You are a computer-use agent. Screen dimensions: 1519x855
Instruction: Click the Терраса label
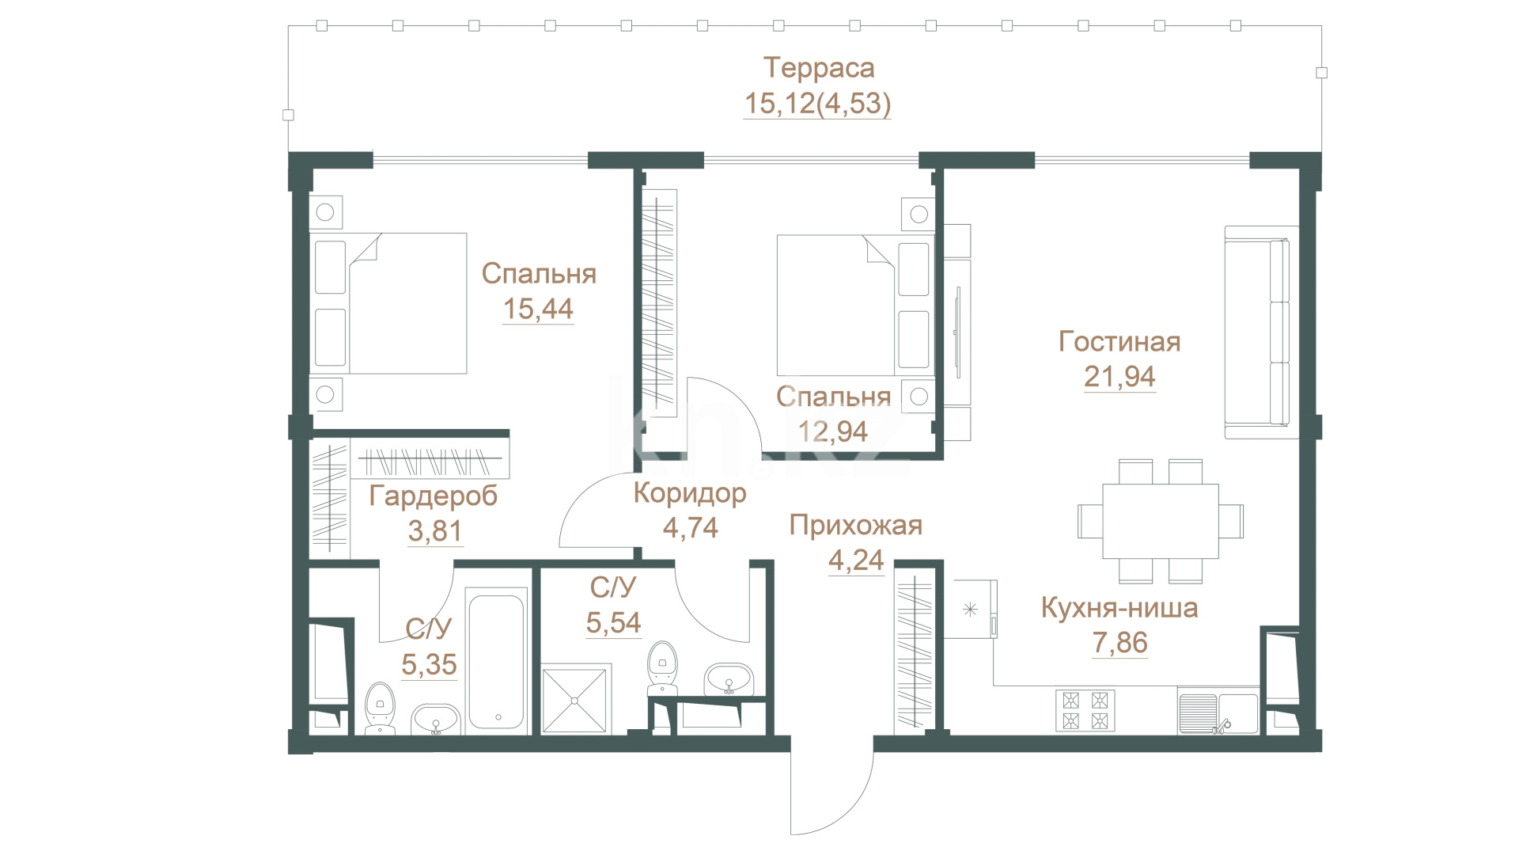819,68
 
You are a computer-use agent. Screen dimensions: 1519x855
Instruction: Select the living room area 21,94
1119,377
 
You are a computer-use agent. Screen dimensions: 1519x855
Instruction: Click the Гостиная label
1119,342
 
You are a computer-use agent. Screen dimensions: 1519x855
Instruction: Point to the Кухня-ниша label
1119,608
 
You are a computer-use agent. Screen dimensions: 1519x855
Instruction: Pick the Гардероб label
434,496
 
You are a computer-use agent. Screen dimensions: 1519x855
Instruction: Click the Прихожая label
856,526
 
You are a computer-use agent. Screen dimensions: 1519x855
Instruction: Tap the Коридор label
690,493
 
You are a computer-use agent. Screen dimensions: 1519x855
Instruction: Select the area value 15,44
538,309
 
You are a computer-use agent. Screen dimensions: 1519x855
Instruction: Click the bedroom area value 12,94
833,431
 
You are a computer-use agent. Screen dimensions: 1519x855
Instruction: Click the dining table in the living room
1160,521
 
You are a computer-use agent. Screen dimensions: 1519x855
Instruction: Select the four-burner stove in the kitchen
1085,710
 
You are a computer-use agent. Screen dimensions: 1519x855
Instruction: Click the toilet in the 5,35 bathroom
381,707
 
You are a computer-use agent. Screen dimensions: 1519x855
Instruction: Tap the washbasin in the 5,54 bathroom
729,679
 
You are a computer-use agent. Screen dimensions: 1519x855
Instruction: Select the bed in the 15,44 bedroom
388,303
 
